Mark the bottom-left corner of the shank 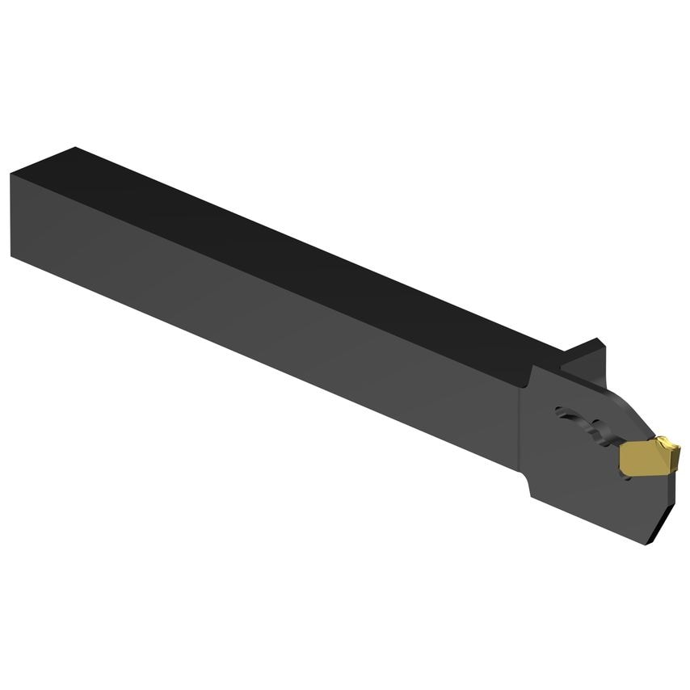pyautogui.click(x=12, y=257)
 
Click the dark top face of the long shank pyautogui.click(x=283, y=242)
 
